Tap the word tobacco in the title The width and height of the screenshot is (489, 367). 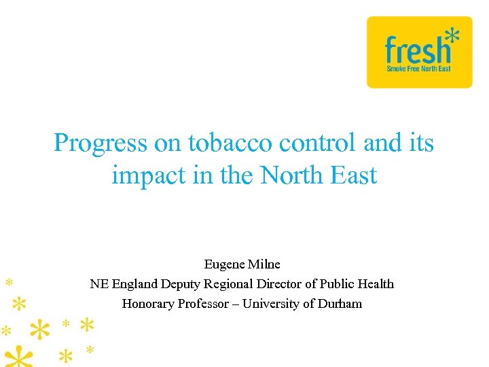point(230,143)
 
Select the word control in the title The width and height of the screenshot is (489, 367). point(317,143)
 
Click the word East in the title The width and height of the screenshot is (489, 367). point(354,175)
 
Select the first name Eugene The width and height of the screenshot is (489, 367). point(225,264)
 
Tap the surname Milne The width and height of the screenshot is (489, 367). point(265,264)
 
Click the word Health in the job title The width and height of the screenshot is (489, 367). point(376,284)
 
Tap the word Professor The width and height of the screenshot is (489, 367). point(201,304)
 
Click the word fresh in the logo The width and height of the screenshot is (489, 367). point(417,51)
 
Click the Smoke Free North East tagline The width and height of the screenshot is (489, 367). point(418,69)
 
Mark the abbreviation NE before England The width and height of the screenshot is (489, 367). point(98,284)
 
